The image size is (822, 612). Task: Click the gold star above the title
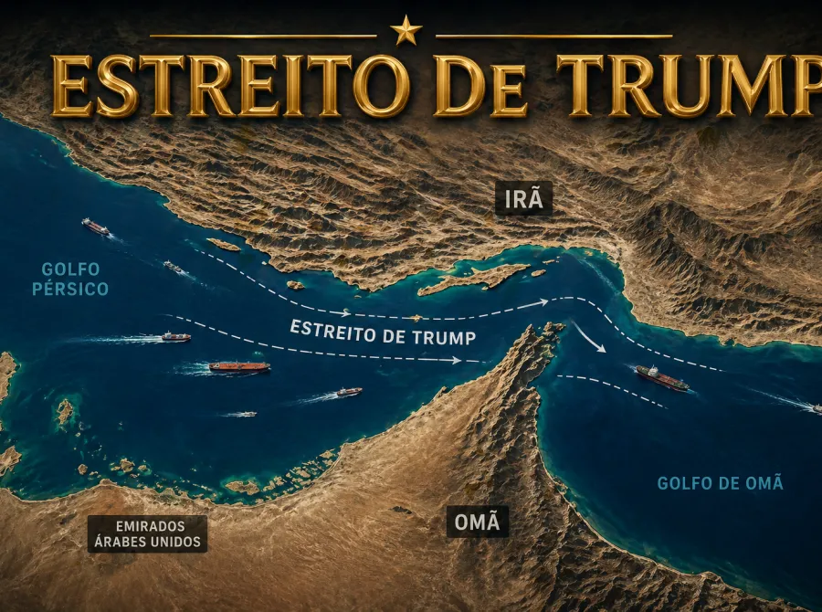406,31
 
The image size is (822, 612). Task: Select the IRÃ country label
523,198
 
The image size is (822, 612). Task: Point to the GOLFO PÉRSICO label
74,279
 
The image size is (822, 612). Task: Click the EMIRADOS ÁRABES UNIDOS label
146,534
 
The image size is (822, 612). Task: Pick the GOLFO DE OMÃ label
720,483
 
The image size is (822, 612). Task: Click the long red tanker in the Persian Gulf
239,367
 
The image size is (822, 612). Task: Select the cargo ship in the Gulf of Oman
663,377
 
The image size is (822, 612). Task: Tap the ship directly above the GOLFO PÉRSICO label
95,226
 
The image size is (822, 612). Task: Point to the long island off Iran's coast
475,279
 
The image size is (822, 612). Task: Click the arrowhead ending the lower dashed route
457,361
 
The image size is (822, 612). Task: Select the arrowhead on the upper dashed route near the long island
543,301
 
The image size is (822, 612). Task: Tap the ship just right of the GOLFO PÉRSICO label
174,267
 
